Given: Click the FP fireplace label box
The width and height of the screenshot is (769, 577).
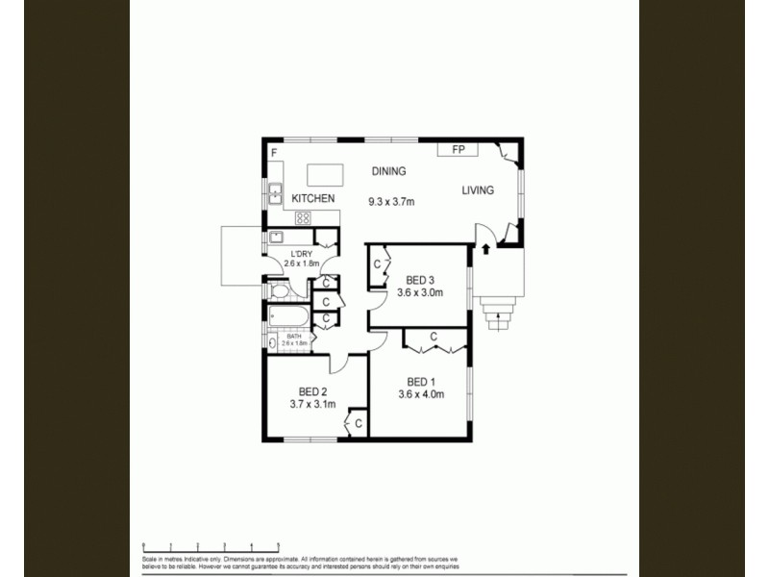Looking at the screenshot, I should [459, 150].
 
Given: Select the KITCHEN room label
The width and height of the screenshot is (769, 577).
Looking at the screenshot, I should [314, 198].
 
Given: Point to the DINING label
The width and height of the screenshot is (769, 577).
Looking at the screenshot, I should [389, 172].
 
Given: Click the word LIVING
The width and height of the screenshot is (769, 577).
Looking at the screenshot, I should [478, 190].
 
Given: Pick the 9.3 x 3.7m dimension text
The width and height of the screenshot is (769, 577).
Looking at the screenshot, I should [390, 202].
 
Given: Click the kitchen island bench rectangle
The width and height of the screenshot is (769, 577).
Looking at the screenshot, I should [325, 175].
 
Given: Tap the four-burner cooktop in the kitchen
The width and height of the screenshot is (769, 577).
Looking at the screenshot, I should [302, 217].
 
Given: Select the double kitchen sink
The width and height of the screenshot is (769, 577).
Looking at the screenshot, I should [275, 194].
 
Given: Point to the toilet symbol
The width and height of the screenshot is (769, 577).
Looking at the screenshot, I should [278, 289].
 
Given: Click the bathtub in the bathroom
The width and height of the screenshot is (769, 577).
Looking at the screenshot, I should [288, 317].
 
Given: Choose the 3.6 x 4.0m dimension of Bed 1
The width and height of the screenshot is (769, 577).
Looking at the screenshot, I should [421, 392].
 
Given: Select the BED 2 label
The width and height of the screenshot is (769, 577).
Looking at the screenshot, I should [313, 391].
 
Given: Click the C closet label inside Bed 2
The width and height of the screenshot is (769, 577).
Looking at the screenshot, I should [359, 423].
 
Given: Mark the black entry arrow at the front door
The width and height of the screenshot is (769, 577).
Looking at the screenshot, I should [486, 249].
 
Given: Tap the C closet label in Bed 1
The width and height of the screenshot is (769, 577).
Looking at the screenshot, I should [434, 337].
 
